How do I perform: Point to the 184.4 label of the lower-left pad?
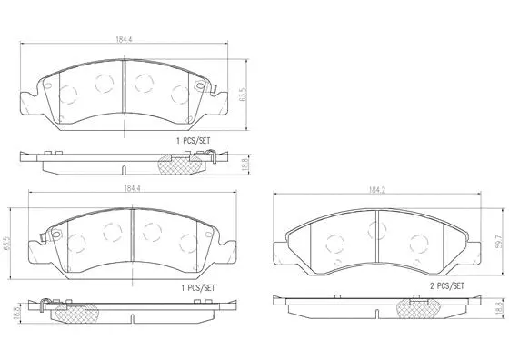(133, 188)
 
